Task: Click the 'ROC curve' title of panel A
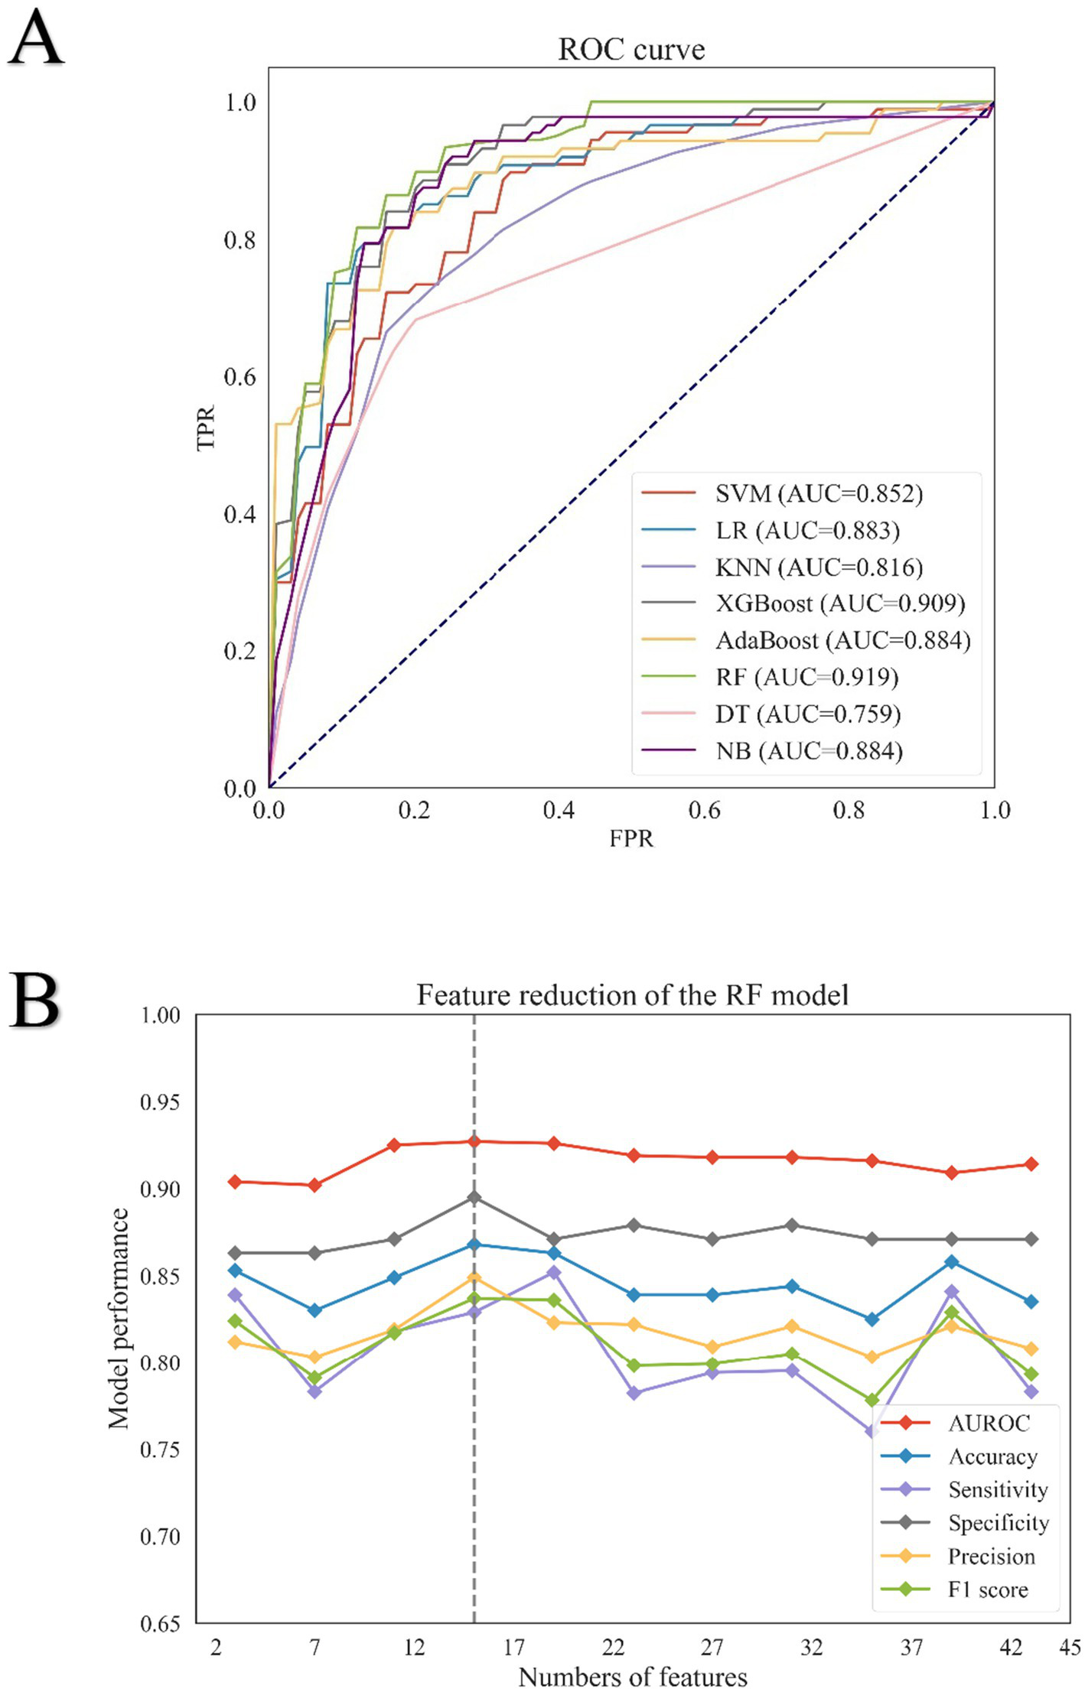[631, 50]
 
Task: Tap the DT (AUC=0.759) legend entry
[807, 714]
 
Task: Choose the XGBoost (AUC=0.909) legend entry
[839, 604]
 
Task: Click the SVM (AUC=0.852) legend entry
[819, 493]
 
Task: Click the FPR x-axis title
[631, 838]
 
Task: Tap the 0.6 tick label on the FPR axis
[704, 810]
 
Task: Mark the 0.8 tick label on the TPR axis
[239, 240]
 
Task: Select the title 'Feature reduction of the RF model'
[632, 995]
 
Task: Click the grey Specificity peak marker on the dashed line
[474, 1197]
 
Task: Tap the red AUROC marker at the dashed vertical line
[474, 1141]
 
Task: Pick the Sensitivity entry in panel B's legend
[997, 1489]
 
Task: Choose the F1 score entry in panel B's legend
[987, 1590]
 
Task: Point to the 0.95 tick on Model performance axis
[160, 1102]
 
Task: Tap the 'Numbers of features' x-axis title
[632, 1677]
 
